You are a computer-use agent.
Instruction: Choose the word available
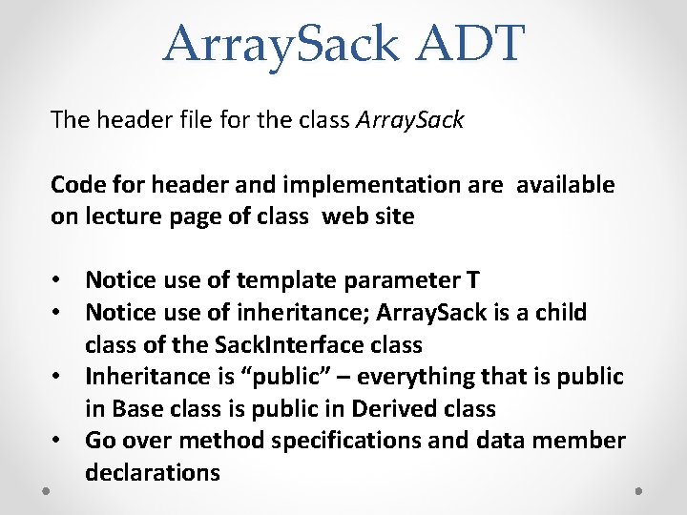click(566, 184)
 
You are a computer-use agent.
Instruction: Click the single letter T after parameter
click(472, 279)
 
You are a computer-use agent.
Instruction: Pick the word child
click(562, 312)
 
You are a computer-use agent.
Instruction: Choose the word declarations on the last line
click(153, 472)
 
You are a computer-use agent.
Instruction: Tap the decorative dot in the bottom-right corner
click(638, 490)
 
